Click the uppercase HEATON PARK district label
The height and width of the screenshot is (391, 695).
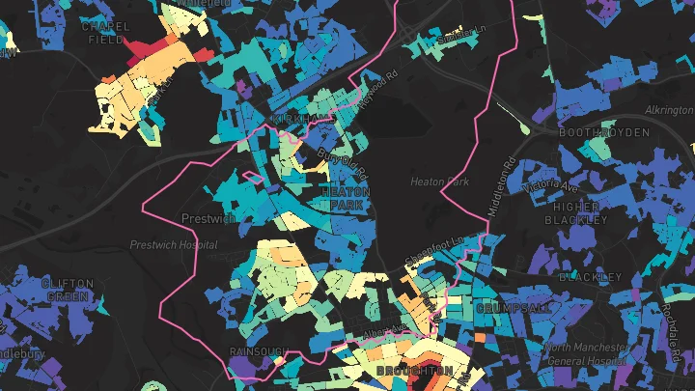click(x=345, y=198)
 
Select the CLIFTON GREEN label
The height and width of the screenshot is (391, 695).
click(x=68, y=290)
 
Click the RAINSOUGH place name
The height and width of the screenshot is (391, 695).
click(x=260, y=351)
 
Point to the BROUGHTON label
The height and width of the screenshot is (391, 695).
click(x=414, y=371)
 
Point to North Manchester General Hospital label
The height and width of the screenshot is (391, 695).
click(x=590, y=353)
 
